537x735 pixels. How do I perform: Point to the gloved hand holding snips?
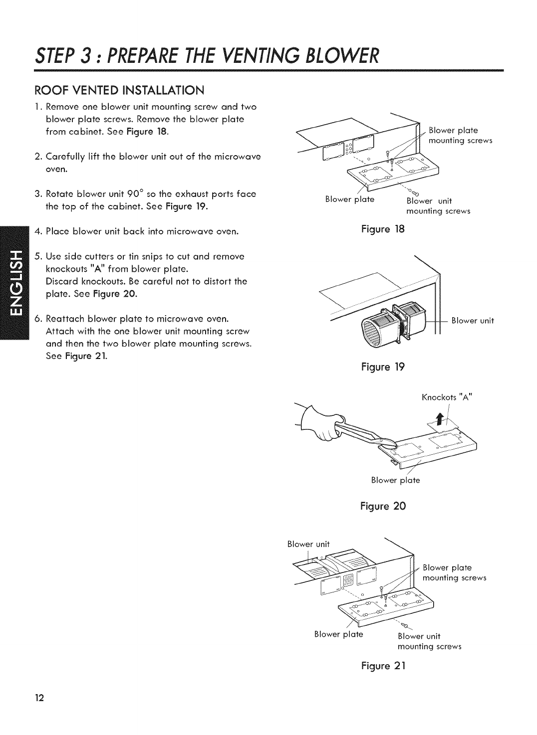tap(319, 422)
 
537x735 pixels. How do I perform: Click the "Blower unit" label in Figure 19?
tap(472, 321)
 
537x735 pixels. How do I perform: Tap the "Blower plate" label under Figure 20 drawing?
tap(395, 481)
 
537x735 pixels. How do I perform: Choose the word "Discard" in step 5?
tap(61, 281)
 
